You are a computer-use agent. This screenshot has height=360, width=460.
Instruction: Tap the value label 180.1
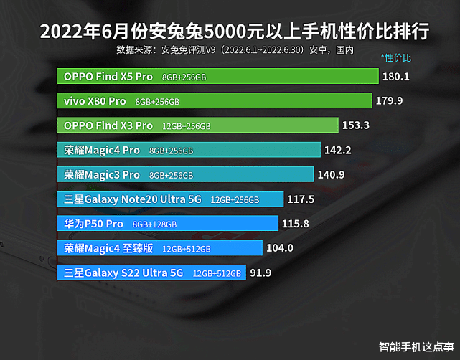(x=395, y=76)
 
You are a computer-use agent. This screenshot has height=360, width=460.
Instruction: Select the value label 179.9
(x=389, y=100)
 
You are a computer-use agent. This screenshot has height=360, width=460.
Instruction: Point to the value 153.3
(x=356, y=125)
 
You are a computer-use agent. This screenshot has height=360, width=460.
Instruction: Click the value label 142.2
(x=337, y=150)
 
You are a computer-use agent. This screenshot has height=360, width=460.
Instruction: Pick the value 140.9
(x=331, y=174)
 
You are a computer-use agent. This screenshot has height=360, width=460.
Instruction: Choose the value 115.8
(x=296, y=224)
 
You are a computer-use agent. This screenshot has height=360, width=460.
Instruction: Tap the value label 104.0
(x=279, y=248)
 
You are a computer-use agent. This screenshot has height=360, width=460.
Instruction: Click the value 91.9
(x=260, y=273)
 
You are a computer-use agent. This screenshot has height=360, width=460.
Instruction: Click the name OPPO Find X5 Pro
(x=108, y=76)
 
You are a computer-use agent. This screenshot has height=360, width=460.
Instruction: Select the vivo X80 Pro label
(x=95, y=101)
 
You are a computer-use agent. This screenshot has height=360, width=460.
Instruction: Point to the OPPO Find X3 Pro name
(x=108, y=125)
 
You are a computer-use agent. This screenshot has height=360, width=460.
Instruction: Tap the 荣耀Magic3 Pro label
(x=102, y=174)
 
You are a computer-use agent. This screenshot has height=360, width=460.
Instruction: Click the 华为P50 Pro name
(x=94, y=224)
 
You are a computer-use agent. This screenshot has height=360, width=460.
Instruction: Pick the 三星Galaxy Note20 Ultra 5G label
(x=133, y=199)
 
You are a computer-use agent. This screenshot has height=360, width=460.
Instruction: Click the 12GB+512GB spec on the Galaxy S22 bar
(x=217, y=273)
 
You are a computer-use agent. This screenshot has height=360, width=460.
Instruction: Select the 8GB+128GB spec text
(x=154, y=224)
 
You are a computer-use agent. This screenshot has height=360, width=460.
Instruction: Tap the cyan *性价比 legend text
(x=395, y=57)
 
